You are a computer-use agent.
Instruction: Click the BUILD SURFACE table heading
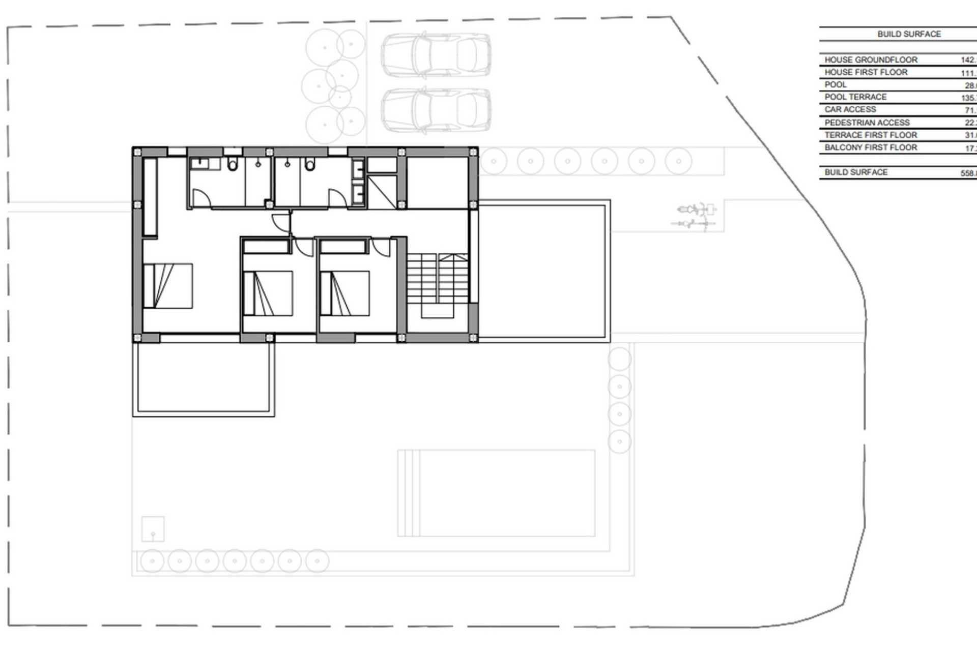[909, 34]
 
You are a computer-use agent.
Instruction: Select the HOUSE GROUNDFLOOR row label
[871, 60]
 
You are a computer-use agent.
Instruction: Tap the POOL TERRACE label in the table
[855, 97]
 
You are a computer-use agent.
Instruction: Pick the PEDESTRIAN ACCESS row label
[867, 123]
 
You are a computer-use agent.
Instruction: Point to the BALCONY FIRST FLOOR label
[871, 147]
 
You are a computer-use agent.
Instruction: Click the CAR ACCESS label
[850, 109]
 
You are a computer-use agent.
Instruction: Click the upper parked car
[436, 55]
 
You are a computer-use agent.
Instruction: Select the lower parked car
[436, 110]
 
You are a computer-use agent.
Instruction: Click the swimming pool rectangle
[496, 493]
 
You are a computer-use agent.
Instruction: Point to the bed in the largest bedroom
[168, 286]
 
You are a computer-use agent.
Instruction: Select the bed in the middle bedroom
[268, 293]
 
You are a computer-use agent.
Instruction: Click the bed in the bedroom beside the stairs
[345, 293]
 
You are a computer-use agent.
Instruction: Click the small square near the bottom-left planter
[153, 529]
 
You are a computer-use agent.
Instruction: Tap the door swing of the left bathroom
[200, 198]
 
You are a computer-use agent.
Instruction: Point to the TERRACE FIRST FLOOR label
[871, 135]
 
